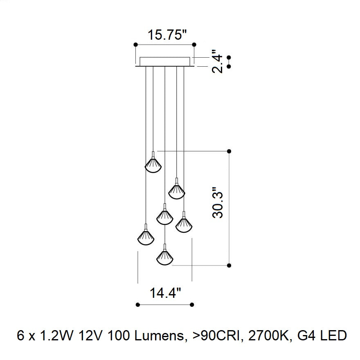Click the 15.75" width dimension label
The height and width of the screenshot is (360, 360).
tap(167, 35)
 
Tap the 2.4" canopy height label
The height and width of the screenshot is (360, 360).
tap(217, 61)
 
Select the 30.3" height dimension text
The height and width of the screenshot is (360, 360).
tap(217, 202)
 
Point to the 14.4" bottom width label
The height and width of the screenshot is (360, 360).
tap(165, 293)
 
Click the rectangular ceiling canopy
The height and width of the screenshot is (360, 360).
tap(165, 62)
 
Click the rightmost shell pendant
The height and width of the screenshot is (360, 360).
tap(184, 222)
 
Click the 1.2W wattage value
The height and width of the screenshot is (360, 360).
tap(56, 336)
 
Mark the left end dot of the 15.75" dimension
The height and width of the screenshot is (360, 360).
tap(136, 45)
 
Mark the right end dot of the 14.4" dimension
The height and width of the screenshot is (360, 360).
tap(192, 305)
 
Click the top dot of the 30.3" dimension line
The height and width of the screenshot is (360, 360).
tap(229, 151)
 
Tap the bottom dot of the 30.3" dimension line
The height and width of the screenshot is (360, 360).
tap(229, 265)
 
